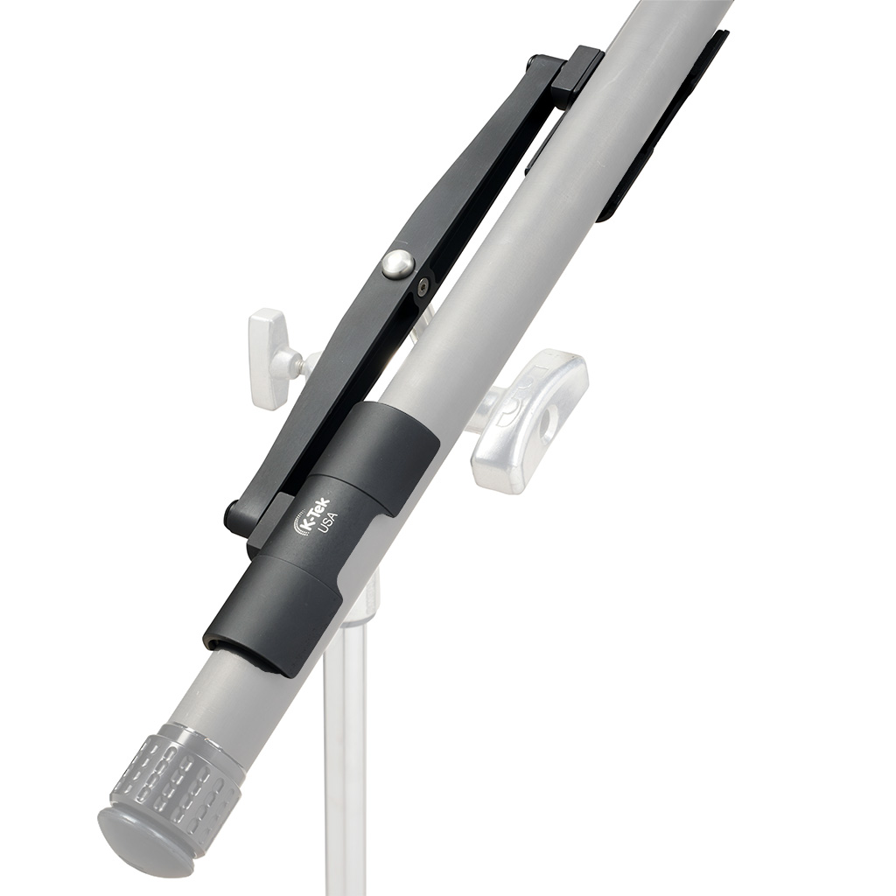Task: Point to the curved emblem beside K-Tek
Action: click(x=299, y=525)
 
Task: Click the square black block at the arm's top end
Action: click(x=577, y=72)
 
